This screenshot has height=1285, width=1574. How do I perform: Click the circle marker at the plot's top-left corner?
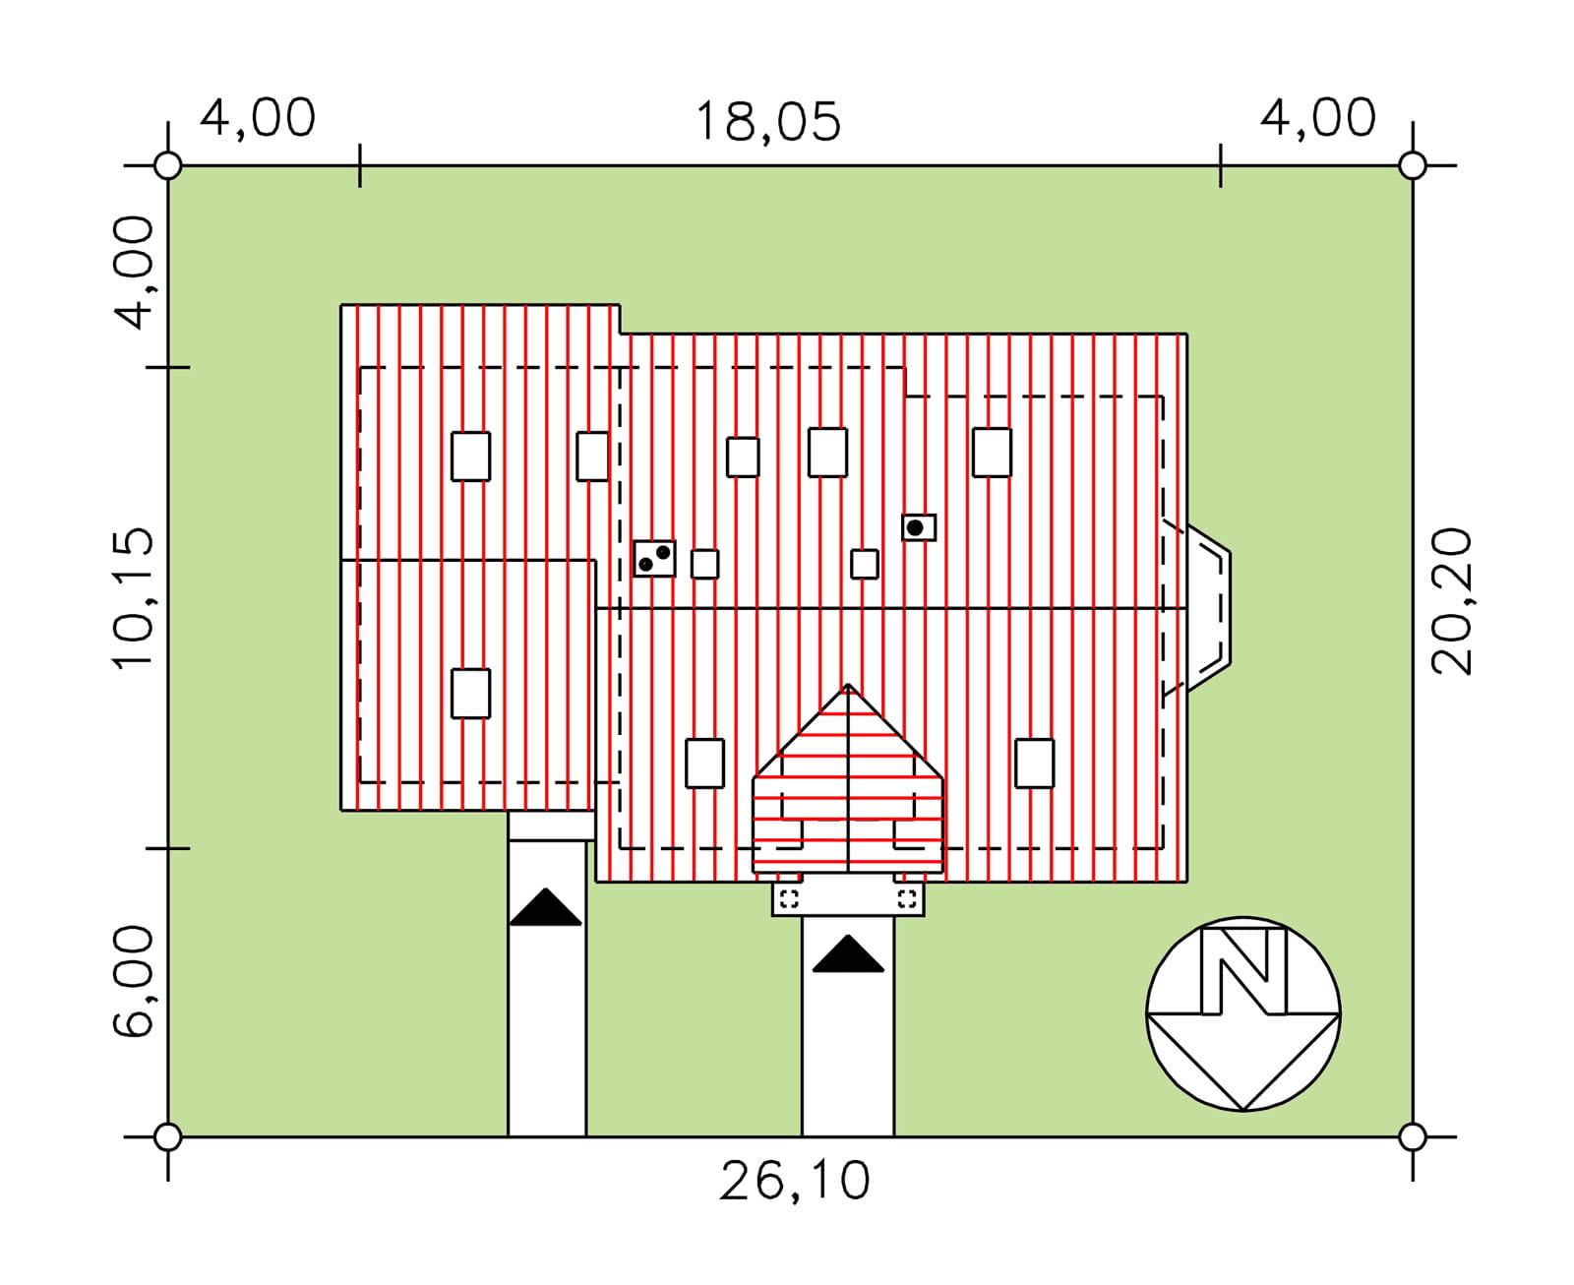(x=167, y=165)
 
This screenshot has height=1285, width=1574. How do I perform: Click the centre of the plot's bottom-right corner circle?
(x=1412, y=1138)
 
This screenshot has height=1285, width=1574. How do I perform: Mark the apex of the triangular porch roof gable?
(x=847, y=684)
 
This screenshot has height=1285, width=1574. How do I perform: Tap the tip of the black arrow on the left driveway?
(x=546, y=888)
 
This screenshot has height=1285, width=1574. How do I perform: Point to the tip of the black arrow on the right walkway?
(x=848, y=936)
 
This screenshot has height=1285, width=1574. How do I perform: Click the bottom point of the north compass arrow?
(x=1243, y=1111)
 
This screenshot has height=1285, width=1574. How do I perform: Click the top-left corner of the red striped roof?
(x=341, y=305)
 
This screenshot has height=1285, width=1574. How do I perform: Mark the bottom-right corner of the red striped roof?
(x=1186, y=882)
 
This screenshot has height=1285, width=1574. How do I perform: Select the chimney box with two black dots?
(x=654, y=559)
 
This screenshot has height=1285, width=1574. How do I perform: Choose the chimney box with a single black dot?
(x=918, y=527)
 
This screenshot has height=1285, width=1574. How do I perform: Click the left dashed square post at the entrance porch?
(x=789, y=898)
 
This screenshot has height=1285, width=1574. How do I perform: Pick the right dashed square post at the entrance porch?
(x=907, y=898)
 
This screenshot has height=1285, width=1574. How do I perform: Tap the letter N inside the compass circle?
(x=1243, y=971)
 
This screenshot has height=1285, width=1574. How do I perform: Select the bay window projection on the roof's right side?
(x=1208, y=608)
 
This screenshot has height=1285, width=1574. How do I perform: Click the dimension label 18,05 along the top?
(x=767, y=122)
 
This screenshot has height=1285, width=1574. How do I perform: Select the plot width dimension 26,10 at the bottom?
(x=794, y=1182)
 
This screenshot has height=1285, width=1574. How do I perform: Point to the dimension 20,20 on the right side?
(x=1451, y=601)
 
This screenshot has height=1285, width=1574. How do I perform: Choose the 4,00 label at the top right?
(x=1318, y=118)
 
